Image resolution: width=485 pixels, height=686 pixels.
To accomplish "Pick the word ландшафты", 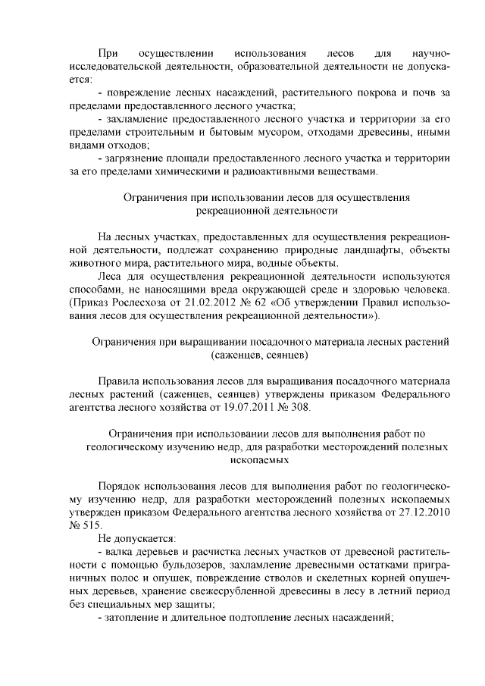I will tap(373, 249).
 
